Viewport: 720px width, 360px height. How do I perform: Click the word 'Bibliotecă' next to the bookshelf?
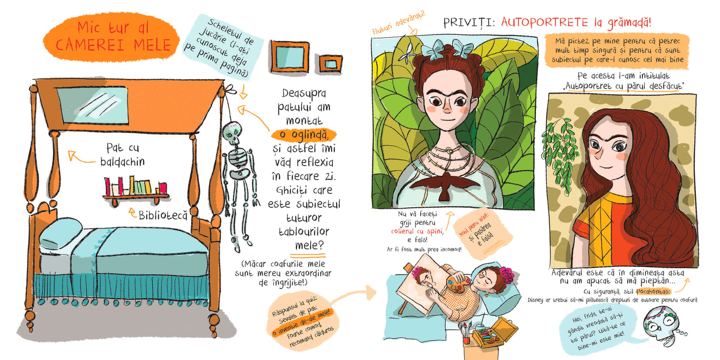click(x=163, y=215)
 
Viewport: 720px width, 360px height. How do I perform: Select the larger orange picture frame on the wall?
click(x=289, y=57)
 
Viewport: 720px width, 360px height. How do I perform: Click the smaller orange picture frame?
click(x=330, y=64)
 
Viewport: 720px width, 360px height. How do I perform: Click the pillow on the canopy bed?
click(x=61, y=233)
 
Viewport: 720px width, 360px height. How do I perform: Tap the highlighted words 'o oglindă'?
click(x=303, y=135)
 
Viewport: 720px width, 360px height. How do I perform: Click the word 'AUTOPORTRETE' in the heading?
click(x=544, y=23)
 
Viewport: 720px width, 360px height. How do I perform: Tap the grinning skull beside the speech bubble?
click(x=661, y=326)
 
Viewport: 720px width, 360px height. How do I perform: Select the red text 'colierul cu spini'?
click(x=417, y=231)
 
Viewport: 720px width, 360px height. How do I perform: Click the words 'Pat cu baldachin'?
click(x=122, y=155)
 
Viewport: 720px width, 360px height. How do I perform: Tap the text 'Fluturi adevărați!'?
click(x=399, y=22)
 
